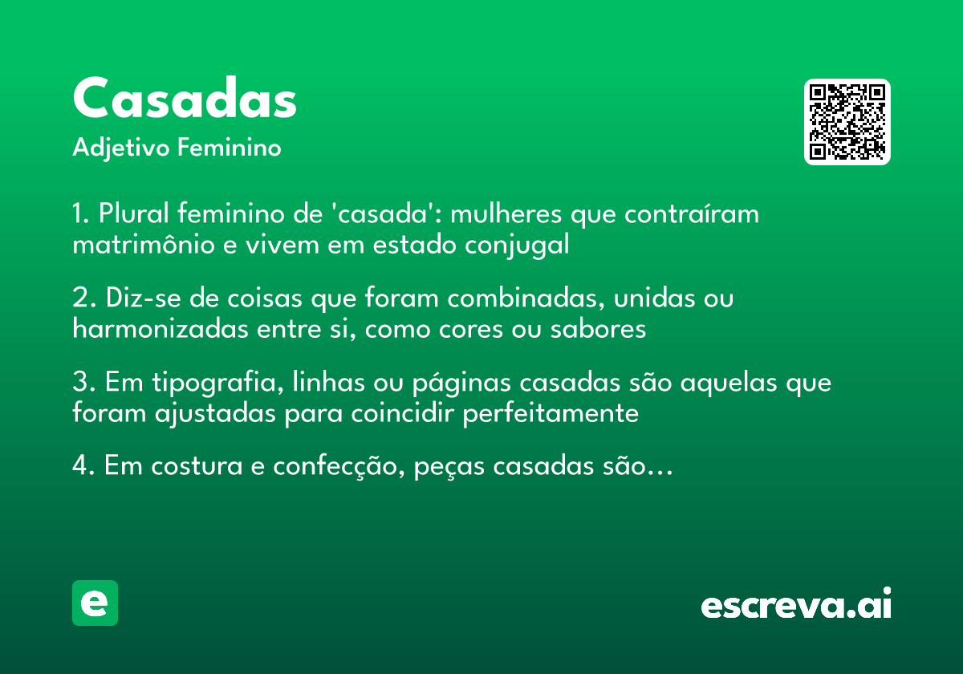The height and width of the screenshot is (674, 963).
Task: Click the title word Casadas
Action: coord(185,99)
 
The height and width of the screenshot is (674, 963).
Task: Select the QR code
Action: coord(847,122)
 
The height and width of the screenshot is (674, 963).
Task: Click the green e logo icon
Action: coord(95,603)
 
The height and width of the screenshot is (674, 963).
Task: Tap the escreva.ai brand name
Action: coord(796,604)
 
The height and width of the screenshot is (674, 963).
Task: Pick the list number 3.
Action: coord(79,383)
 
